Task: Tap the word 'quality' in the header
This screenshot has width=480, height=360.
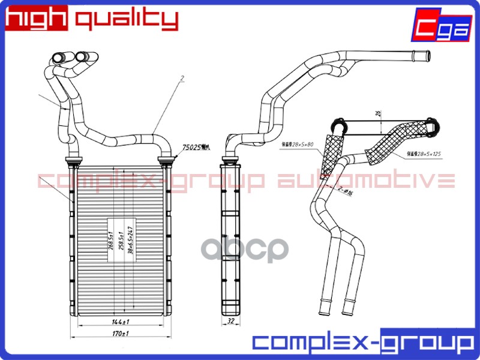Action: coord(127,19)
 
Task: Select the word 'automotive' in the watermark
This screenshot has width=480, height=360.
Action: coord(366,180)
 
